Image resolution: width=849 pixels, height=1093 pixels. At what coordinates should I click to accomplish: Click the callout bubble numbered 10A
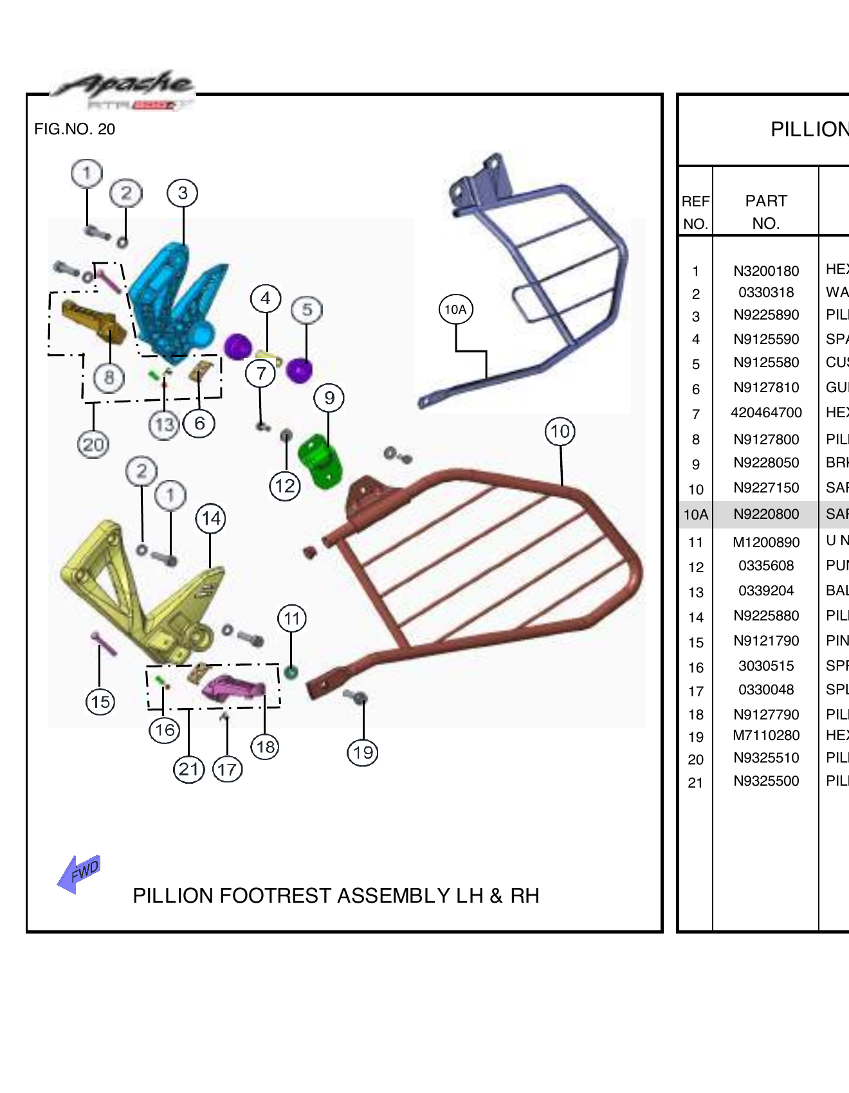click(455, 309)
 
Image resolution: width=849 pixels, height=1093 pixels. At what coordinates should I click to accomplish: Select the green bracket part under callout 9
click(319, 460)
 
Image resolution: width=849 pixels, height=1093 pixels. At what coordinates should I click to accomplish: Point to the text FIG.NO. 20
click(75, 129)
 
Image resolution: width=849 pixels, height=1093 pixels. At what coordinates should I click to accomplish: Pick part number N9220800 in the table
click(765, 514)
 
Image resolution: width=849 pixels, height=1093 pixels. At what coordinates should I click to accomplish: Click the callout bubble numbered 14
click(210, 519)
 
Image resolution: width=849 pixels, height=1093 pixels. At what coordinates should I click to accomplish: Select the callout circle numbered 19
click(363, 752)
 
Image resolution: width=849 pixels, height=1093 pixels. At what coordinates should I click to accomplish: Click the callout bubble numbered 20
click(93, 444)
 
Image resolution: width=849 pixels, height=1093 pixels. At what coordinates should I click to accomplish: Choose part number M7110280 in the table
click(765, 736)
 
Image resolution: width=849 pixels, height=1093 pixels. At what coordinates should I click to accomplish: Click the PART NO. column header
click(765, 212)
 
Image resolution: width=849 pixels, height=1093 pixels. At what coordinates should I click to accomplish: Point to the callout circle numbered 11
click(292, 619)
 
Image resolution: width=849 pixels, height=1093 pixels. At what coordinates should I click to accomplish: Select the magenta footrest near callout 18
click(233, 688)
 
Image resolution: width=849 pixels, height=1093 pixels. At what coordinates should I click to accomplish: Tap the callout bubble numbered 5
click(307, 310)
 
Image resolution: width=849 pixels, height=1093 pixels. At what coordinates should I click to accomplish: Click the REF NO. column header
click(695, 212)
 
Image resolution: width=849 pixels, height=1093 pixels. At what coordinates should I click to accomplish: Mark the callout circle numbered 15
click(100, 701)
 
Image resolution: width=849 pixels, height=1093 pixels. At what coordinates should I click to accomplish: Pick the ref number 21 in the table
click(695, 783)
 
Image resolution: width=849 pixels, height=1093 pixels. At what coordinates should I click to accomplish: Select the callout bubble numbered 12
click(285, 486)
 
